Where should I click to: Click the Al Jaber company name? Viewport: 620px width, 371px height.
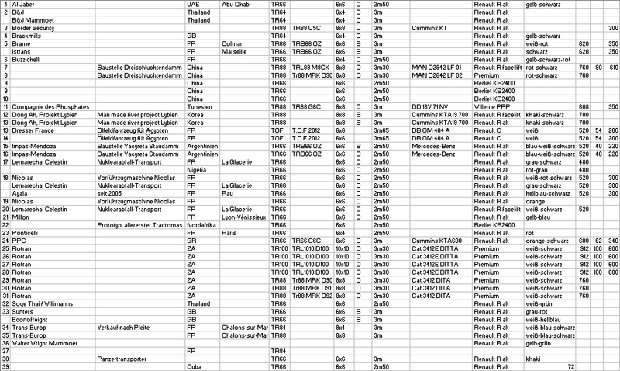click(23, 4)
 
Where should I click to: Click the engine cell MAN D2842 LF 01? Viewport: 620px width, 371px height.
click(438, 68)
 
